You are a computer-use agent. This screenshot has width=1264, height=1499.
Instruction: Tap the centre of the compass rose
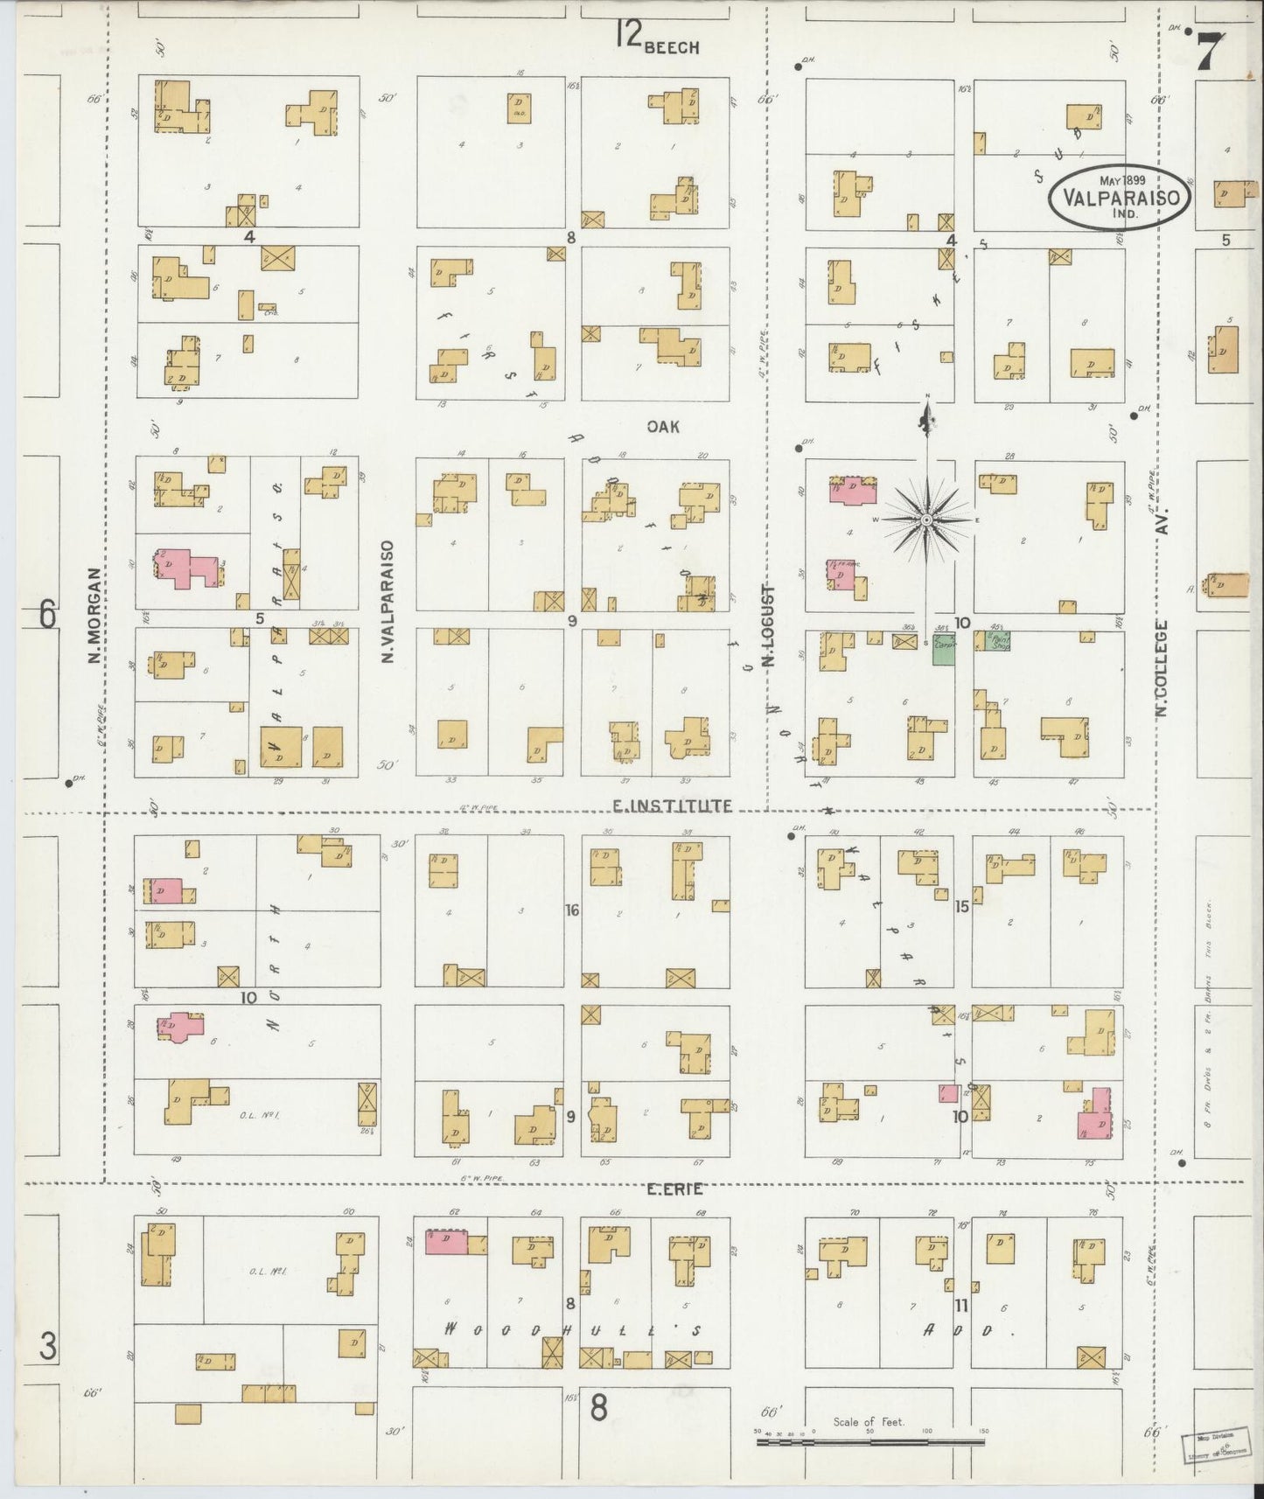925,520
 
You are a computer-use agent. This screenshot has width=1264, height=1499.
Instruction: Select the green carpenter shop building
943,651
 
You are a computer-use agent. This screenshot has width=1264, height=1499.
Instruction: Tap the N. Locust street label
771,626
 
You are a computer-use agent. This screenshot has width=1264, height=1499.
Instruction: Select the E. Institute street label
672,805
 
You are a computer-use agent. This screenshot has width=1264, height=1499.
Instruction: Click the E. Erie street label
674,1189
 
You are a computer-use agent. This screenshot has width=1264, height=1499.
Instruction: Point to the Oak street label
663,427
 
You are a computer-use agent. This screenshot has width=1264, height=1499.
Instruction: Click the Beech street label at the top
671,47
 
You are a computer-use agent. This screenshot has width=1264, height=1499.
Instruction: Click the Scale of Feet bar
870,1440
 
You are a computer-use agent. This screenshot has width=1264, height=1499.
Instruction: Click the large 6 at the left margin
47,616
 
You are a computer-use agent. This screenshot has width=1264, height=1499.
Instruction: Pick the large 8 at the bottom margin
598,1408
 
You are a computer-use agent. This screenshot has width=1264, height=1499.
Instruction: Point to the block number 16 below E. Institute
572,910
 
